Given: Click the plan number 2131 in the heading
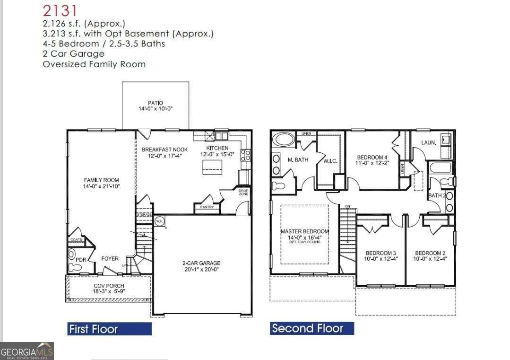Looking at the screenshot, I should click(x=60, y=10).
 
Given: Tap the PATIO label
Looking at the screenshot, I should click(x=155, y=103).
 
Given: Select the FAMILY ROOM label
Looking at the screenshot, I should click(x=101, y=180).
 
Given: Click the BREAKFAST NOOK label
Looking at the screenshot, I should click(x=164, y=149).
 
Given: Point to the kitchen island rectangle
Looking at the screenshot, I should click(x=212, y=167).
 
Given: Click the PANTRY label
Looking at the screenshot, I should click(x=207, y=207).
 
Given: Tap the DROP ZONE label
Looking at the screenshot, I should click(x=243, y=193).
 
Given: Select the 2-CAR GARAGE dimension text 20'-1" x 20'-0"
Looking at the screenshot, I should click(x=201, y=270).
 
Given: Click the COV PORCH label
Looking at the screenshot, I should click(x=109, y=286).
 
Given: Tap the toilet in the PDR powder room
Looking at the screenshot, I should click(x=75, y=267).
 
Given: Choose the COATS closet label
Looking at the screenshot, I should click(x=76, y=239).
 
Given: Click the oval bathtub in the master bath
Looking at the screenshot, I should click(x=284, y=140).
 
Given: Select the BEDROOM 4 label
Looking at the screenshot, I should click(x=372, y=157).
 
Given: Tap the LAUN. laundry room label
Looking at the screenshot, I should click(x=429, y=142).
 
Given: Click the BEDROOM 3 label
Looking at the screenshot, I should click(x=380, y=253).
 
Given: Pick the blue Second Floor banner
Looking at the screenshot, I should click(x=312, y=328).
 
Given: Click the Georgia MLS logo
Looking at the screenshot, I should click(x=27, y=351).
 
